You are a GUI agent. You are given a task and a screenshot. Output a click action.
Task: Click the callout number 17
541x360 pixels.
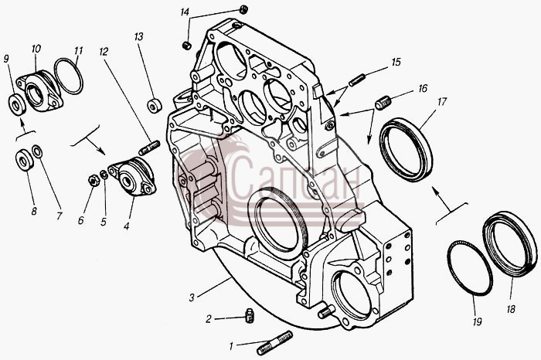click(442, 102)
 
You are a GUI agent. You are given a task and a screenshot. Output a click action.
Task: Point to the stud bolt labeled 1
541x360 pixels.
click(274, 343)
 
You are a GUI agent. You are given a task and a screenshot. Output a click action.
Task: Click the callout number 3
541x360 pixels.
click(192, 297)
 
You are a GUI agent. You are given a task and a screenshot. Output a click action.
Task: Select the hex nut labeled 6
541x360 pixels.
click(93, 180)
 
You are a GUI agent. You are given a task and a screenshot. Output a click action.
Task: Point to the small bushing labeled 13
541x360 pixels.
click(155, 106)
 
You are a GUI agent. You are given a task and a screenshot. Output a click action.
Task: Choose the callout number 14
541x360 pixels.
click(185, 12)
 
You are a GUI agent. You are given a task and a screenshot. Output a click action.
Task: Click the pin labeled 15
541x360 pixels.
click(357, 80)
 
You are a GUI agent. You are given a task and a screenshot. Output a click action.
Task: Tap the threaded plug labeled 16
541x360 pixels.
click(383, 104)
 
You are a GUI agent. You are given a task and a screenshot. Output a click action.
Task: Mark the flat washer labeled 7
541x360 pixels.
click(37, 151)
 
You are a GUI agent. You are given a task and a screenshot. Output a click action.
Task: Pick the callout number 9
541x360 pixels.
click(6, 59)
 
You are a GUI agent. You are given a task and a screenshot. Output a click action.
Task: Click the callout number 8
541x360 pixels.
click(34, 211)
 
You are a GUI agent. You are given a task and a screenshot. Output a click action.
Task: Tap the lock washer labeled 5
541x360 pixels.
click(104, 175)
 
